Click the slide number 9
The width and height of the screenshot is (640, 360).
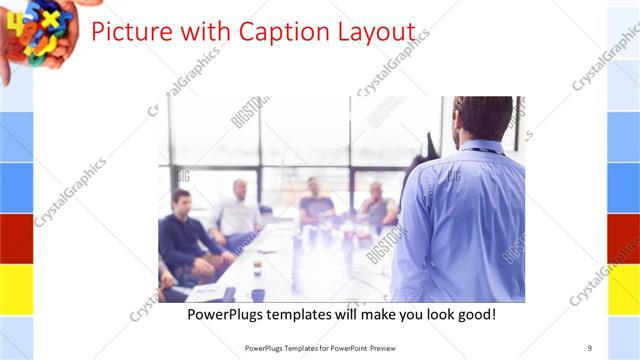(590, 348)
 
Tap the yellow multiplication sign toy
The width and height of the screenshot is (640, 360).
(50, 19)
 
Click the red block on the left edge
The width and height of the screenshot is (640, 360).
(16, 238)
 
